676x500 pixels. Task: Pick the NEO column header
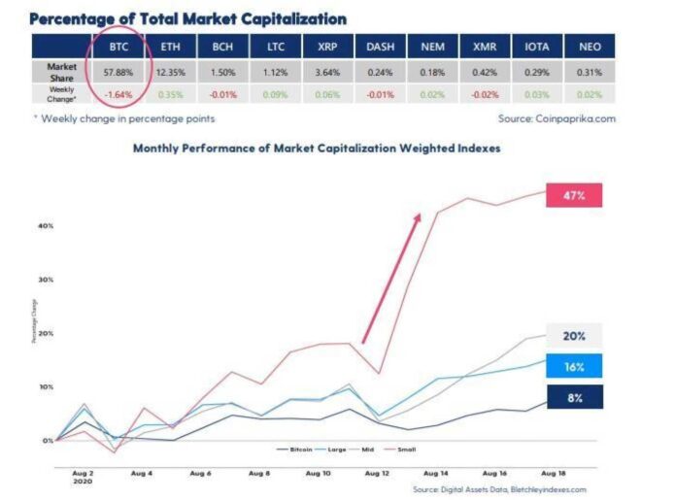coord(589,46)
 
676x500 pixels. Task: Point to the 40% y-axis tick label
coord(46,225)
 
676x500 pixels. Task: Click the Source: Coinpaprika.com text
coord(558,118)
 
